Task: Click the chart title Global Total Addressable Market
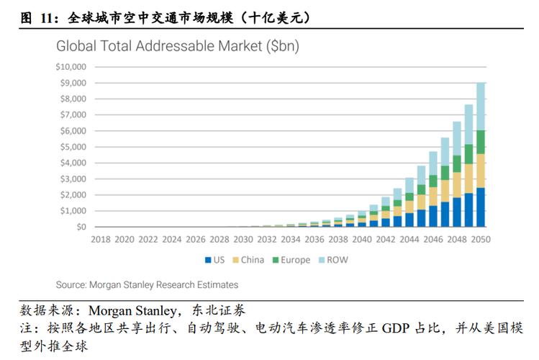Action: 178,48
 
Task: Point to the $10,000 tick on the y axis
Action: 71,67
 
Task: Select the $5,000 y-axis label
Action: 73,147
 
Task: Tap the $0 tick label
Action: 80,227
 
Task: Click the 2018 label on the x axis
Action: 101,239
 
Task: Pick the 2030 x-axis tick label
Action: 244,239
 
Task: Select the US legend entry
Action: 217,260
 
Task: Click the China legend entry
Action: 249,260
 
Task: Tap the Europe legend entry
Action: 291,260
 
